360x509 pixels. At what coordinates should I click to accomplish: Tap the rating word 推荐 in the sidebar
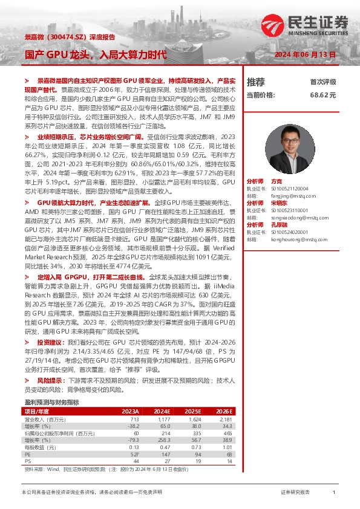(256, 82)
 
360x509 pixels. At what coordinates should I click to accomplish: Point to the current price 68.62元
(322, 96)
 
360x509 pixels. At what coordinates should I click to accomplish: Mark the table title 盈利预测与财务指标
(51, 402)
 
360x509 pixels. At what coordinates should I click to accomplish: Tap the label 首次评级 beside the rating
(323, 82)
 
